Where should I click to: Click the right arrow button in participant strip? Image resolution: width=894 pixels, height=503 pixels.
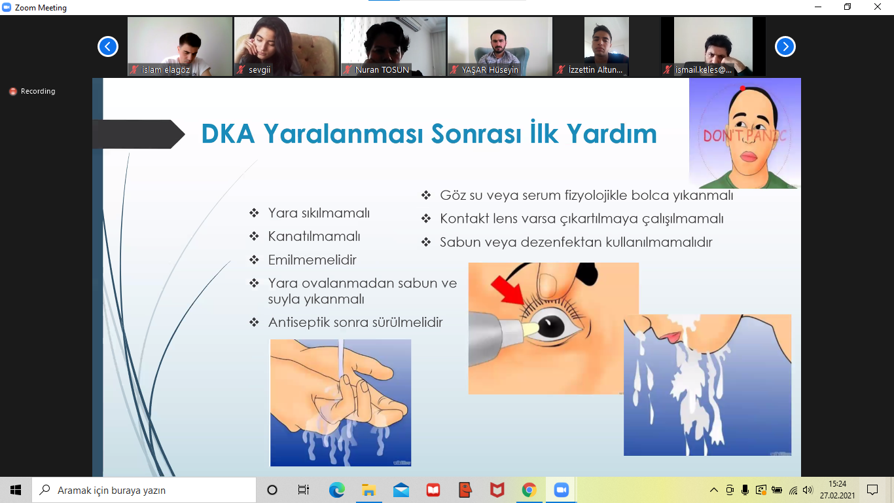coord(785,47)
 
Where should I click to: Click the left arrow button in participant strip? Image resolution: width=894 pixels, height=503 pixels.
coord(108,47)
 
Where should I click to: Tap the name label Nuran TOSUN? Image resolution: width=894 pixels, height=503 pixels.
coord(382,70)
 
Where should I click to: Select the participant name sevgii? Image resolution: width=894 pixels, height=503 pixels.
coord(259,70)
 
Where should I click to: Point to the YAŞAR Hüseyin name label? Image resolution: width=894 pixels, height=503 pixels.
coord(490,70)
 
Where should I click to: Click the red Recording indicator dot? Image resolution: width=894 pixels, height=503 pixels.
coord(13,92)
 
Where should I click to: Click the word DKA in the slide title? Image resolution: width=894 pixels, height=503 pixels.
coord(228,134)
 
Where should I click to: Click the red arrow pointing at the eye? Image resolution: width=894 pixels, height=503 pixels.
coord(508,290)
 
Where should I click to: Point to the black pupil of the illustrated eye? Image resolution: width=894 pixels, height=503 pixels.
coord(550,326)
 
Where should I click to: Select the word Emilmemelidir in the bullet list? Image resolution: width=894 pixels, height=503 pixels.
coord(312,260)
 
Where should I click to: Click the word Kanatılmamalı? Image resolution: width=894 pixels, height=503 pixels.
coord(314,236)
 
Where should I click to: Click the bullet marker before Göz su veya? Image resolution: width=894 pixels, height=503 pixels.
coord(426,195)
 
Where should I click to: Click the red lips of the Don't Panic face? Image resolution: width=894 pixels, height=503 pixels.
coord(748,157)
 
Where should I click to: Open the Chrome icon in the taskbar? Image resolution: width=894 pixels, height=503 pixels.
coord(529,490)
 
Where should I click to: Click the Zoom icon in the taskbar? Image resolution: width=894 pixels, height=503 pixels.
coord(561,490)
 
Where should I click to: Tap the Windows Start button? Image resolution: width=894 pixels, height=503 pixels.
coord(16,490)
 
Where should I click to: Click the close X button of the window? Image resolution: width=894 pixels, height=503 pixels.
coord(878,7)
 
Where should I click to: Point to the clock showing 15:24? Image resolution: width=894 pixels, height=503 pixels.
coord(837,484)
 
